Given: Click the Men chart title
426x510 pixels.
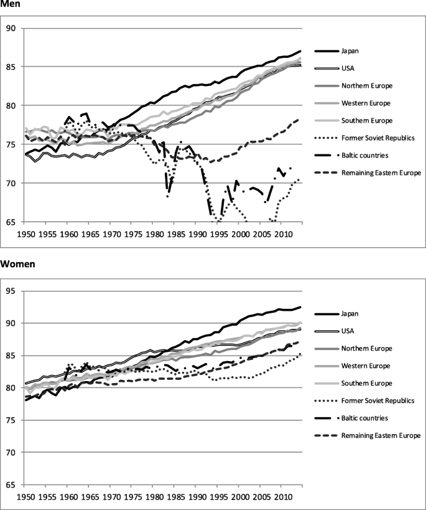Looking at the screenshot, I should tap(11, 4).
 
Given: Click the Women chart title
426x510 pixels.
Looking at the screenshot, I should tap(17, 263).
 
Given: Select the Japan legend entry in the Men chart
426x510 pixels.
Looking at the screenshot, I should tap(351, 50).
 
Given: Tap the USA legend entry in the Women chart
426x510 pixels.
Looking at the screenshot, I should tap(349, 331).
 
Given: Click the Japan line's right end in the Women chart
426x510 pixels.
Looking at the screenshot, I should tap(301, 307).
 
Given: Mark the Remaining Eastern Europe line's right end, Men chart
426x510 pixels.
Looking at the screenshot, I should tap(301, 118).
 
